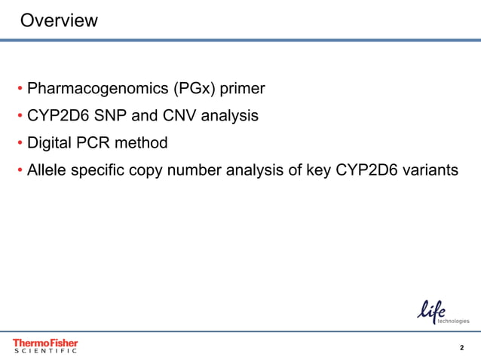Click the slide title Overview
click(58, 20)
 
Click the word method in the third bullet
click(141, 142)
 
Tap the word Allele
click(48, 169)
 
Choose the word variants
click(430, 169)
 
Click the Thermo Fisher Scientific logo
click(45, 346)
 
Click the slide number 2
click(461, 347)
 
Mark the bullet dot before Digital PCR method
click(20, 143)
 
